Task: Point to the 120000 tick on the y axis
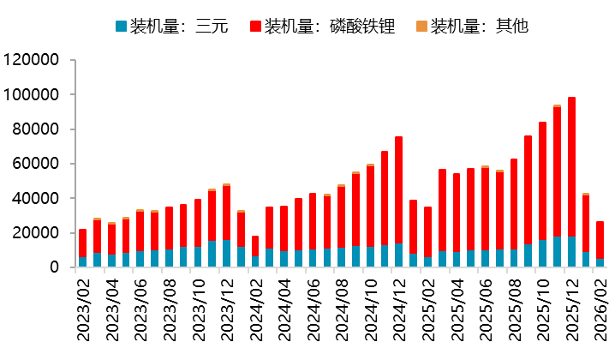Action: click(x=32, y=60)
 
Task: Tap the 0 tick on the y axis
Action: click(x=54, y=267)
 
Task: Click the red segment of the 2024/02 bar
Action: click(x=255, y=246)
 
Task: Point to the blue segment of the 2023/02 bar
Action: click(x=82, y=261)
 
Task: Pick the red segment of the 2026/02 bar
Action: click(x=600, y=239)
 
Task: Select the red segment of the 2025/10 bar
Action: click(x=542, y=181)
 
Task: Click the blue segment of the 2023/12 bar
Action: click(x=226, y=254)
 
